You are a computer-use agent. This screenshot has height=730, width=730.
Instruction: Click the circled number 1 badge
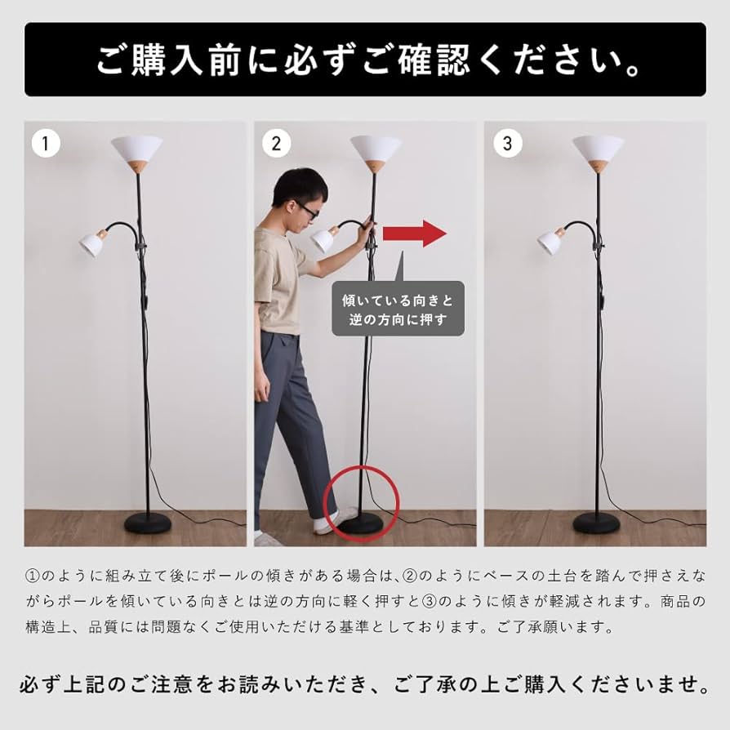(46, 144)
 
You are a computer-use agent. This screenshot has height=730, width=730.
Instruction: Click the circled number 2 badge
(276, 144)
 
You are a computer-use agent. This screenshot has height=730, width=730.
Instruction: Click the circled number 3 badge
(507, 144)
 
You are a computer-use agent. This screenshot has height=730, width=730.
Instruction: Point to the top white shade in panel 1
(136, 151)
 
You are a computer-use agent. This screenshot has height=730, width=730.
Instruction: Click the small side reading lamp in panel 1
(92, 243)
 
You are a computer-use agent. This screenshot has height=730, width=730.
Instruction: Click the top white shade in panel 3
(598, 151)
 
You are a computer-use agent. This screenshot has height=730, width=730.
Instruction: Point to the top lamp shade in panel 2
(376, 150)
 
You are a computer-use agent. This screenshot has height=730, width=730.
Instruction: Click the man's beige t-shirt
(279, 278)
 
